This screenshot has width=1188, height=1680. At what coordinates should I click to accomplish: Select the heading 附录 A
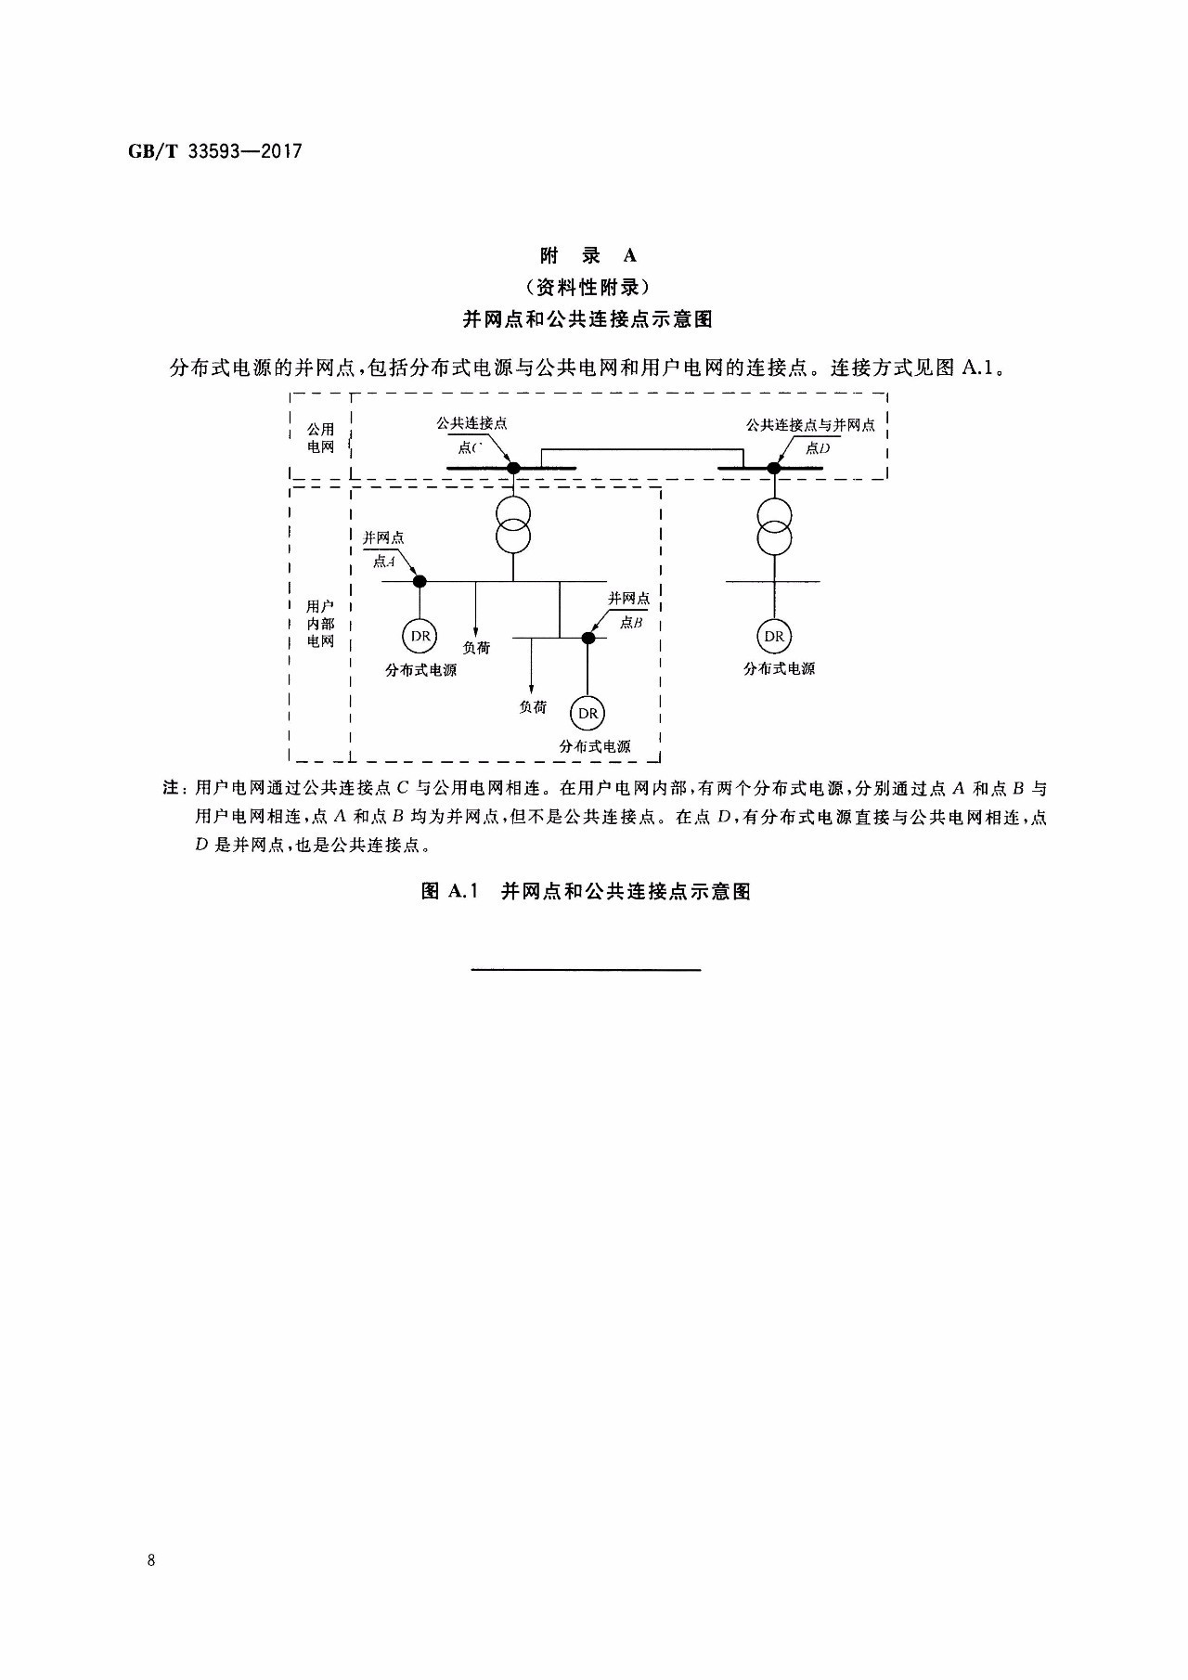[x=588, y=255]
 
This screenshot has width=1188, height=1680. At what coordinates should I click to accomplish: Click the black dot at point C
[x=513, y=468]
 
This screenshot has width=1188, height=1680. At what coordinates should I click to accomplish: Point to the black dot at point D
[x=774, y=468]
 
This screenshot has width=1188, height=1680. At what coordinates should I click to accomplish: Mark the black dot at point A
[x=420, y=581]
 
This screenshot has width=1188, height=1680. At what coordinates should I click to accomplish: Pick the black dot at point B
[x=588, y=638]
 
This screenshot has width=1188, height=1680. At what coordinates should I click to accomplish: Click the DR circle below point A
[x=420, y=636]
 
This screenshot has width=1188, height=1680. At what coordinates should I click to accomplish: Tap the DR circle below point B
[x=588, y=713]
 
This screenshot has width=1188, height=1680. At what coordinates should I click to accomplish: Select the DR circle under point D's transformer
[x=774, y=636]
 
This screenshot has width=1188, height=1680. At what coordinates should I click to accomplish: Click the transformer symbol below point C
[x=513, y=523]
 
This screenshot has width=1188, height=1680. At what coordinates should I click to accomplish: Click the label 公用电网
[x=321, y=438]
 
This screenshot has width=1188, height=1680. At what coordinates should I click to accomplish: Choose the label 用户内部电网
[x=321, y=624]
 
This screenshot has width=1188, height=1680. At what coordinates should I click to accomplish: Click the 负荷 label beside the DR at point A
[x=476, y=648]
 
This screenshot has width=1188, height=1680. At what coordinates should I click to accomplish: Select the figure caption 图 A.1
[x=586, y=892]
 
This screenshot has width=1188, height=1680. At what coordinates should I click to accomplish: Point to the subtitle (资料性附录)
[x=588, y=287]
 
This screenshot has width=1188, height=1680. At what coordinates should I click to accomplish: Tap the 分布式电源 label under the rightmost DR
[x=779, y=668]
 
